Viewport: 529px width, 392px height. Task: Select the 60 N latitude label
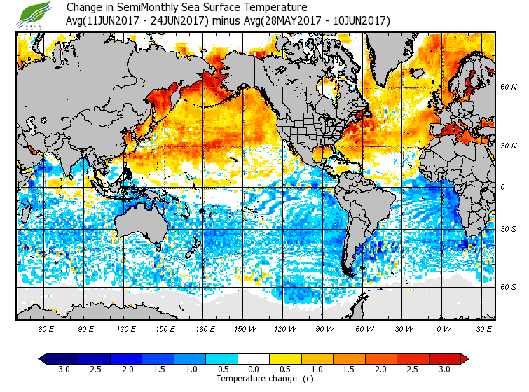click(508, 87)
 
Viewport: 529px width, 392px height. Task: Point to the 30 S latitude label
click(508, 229)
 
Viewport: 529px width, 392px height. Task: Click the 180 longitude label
click(205, 328)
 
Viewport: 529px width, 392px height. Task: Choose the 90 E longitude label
click(86, 328)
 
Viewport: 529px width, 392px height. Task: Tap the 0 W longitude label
click(444, 328)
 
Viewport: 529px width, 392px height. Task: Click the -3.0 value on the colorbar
click(62, 369)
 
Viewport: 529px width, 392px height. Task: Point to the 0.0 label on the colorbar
click(254, 369)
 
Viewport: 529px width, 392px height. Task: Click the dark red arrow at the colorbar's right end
click(464, 358)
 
